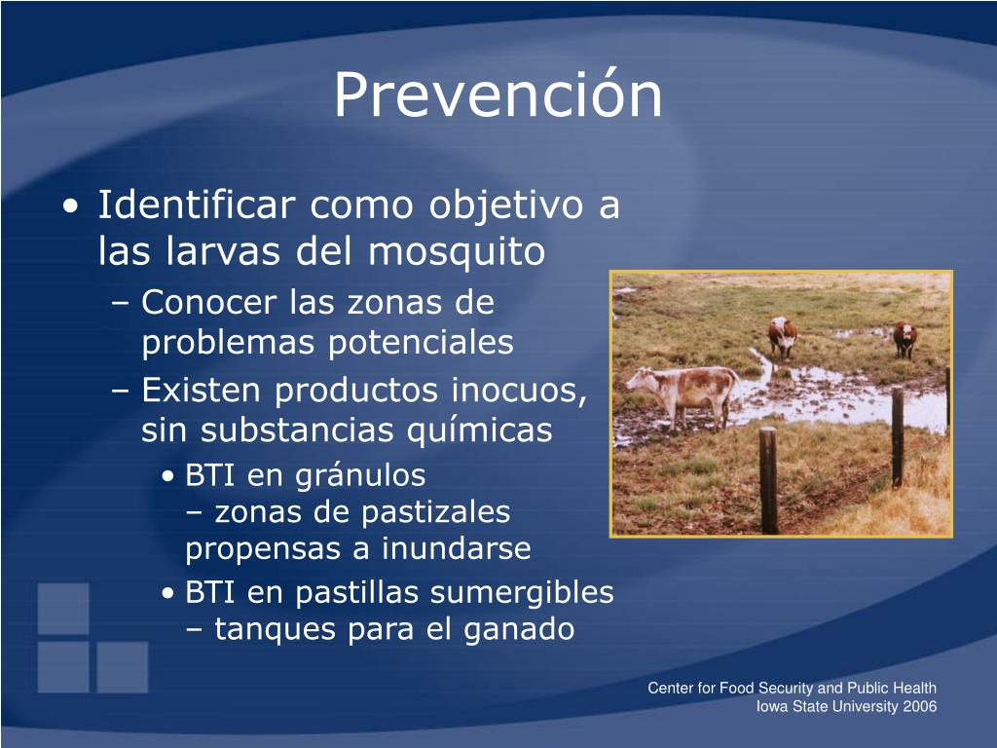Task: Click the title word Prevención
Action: (x=498, y=94)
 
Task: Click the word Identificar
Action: (x=197, y=205)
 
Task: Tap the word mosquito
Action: (x=457, y=252)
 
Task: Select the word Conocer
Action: (x=208, y=302)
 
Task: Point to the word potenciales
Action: (x=421, y=343)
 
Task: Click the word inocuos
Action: (x=519, y=391)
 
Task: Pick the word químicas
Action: (x=479, y=430)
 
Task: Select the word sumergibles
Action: (x=522, y=593)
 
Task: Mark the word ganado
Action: (x=519, y=630)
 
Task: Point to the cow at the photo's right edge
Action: (x=905, y=339)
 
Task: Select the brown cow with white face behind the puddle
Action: (x=782, y=336)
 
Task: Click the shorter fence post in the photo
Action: (x=768, y=481)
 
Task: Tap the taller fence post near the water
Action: (x=897, y=436)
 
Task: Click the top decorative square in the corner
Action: (x=63, y=609)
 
